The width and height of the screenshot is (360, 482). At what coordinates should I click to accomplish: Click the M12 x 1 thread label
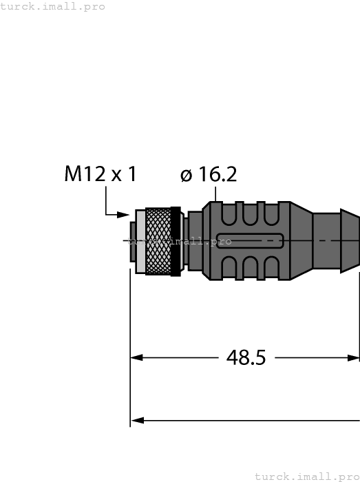pyautogui.click(x=100, y=175)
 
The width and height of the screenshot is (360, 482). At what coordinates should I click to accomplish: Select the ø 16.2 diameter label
pyautogui.click(x=209, y=175)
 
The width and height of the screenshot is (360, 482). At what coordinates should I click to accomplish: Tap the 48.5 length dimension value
pyautogui.click(x=246, y=358)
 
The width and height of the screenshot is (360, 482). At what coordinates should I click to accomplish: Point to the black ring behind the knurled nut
pyautogui.click(x=176, y=241)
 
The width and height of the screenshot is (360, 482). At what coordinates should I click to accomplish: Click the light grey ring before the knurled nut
pyautogui.click(x=141, y=241)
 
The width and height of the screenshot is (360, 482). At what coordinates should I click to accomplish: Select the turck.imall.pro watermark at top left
pyautogui.click(x=53, y=6)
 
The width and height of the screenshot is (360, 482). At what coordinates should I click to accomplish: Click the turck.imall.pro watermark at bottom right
pyautogui.click(x=306, y=476)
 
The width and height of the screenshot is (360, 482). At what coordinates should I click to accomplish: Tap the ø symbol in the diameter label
pyautogui.click(x=186, y=176)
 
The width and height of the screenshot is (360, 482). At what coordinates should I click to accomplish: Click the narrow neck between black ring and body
pyautogui.click(x=194, y=240)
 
